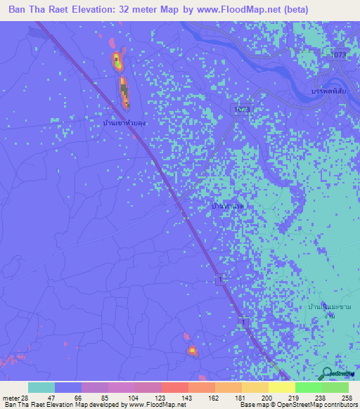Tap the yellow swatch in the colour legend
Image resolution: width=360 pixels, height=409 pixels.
point(281,387)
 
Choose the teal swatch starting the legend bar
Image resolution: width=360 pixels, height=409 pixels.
point(41,387)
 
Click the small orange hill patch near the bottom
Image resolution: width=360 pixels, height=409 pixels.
point(191,350)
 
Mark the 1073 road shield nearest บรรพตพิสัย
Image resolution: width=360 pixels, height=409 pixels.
point(339,54)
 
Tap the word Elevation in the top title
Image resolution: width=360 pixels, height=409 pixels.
point(96,10)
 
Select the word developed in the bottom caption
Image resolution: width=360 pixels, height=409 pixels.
point(105,405)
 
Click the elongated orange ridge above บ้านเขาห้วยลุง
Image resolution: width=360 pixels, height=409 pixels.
point(124,93)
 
